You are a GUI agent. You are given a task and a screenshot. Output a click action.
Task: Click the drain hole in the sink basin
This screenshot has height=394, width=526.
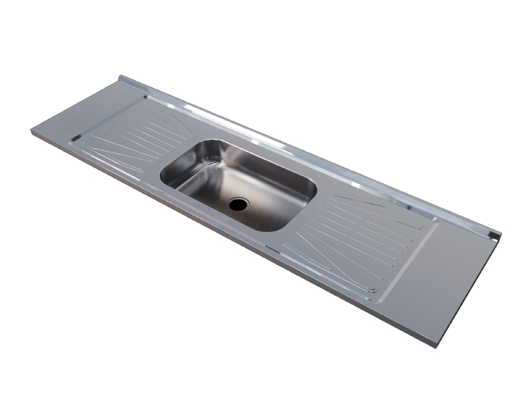pyautogui.click(x=238, y=204)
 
